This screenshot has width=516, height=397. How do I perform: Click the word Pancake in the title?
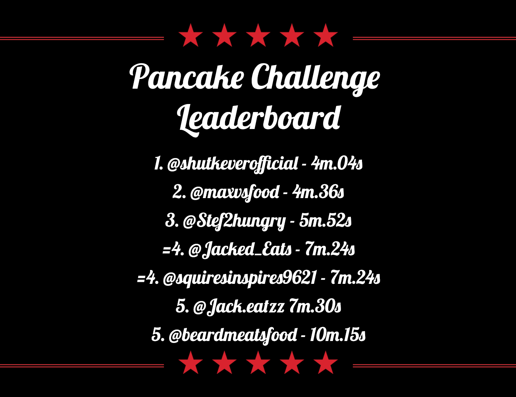pos(187,77)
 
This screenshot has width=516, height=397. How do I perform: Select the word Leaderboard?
pos(259,120)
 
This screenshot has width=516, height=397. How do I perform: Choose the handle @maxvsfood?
pos(235,193)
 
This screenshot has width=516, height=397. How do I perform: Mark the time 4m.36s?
pos(318,192)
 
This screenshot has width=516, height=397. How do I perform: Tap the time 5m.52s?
pos(325,221)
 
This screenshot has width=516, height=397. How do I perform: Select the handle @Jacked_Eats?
pos(240,250)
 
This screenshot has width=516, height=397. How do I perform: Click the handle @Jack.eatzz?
pos(239,307)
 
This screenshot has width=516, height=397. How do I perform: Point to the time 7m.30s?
pos(315,306)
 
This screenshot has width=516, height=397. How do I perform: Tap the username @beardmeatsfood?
pos(233,335)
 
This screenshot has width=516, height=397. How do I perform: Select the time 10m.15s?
pos(338,335)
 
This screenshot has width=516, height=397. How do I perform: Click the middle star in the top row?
pos(258,36)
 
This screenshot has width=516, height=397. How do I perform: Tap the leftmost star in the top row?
pos(191,36)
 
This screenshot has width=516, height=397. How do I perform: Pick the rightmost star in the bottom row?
pos(325,363)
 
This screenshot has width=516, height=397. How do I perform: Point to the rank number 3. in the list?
pos(172,221)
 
